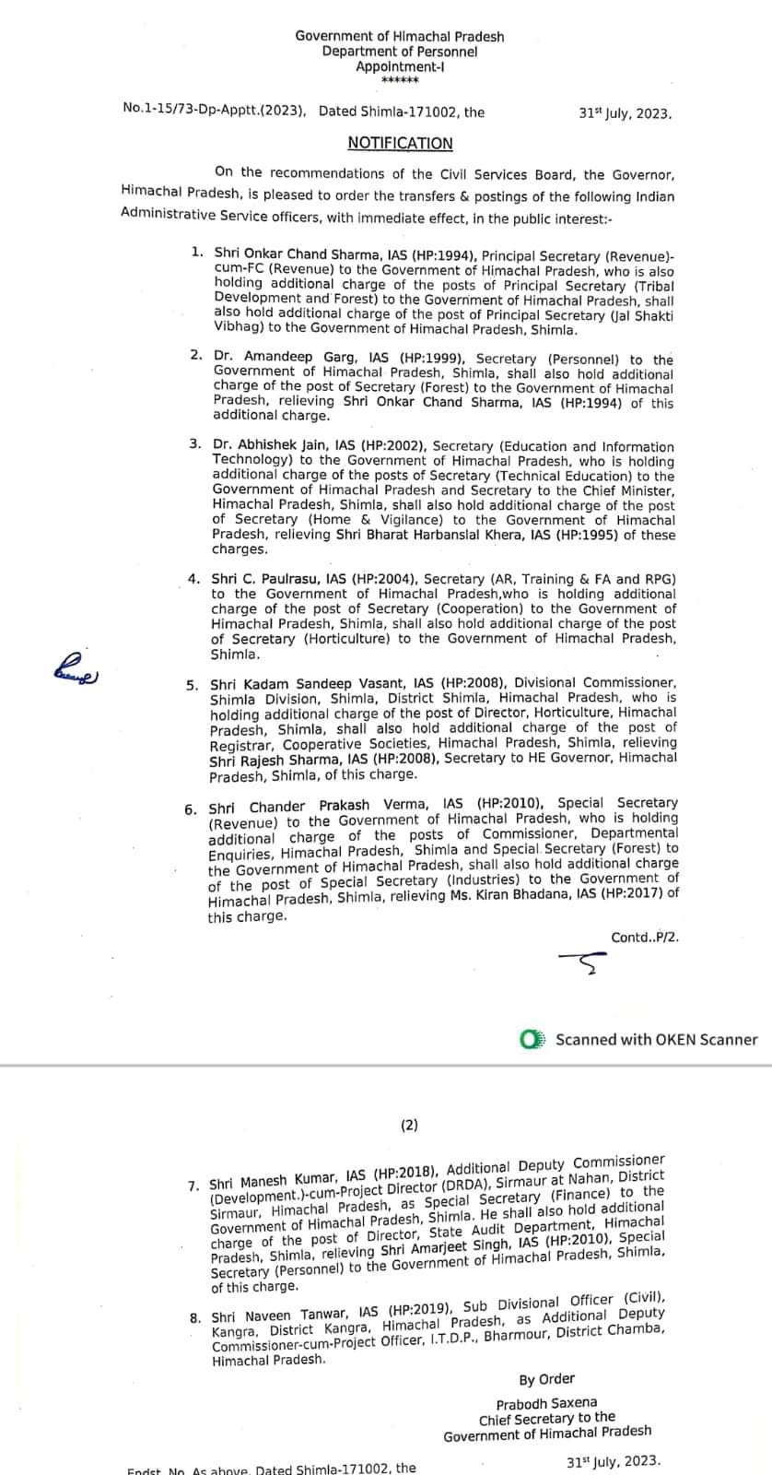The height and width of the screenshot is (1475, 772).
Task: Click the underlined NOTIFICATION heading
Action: (x=400, y=143)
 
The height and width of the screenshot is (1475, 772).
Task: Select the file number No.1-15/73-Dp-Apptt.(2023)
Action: (x=214, y=112)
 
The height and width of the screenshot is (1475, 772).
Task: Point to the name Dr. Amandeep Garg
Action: (x=262, y=360)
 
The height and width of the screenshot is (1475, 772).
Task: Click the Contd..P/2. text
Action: (x=645, y=938)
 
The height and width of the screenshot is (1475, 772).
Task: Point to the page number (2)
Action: (x=409, y=1125)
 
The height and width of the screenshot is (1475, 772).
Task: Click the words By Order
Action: (x=546, y=1379)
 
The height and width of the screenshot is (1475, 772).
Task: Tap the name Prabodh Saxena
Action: (x=559, y=1403)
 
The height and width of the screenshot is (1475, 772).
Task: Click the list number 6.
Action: (x=190, y=809)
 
